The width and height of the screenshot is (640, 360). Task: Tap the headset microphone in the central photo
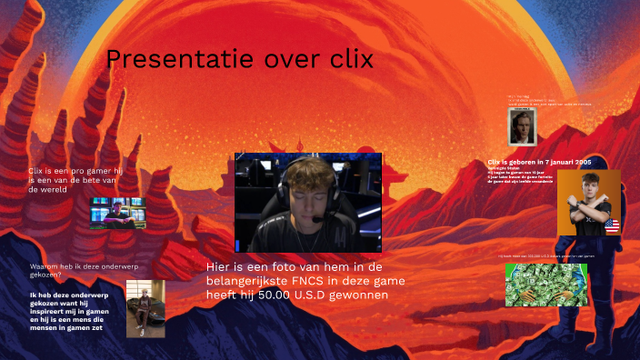(x=315, y=219)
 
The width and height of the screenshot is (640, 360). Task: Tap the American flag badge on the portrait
(x=611, y=225)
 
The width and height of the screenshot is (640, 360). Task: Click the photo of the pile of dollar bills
(x=545, y=285)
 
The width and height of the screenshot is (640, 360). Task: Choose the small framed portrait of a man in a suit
(x=522, y=127)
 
